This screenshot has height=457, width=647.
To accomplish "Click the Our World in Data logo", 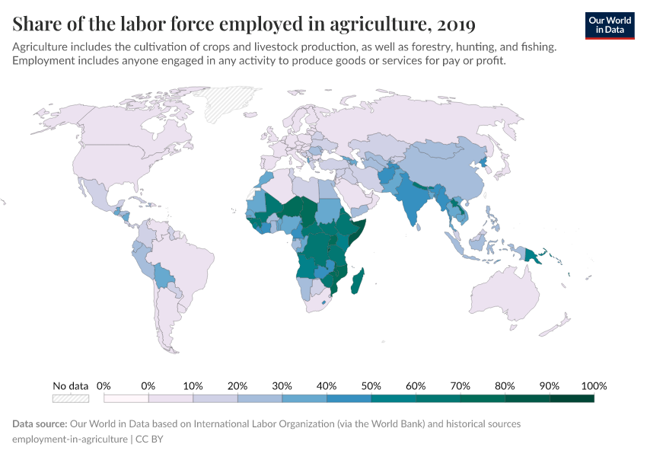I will coord(609,25).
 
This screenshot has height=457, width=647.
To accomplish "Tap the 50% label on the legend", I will coord(371,385).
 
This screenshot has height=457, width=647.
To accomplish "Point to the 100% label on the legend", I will coord(594,385).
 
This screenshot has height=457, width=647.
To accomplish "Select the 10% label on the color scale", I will coord(193,385).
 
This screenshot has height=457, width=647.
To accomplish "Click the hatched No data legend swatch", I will coord(71,398).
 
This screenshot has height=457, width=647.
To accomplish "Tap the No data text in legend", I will coord(71,385).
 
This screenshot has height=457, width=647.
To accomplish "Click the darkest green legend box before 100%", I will coord(572,398).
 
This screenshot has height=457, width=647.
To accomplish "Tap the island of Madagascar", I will coord(357,281).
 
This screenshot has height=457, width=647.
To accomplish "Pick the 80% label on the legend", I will coord(504,385).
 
